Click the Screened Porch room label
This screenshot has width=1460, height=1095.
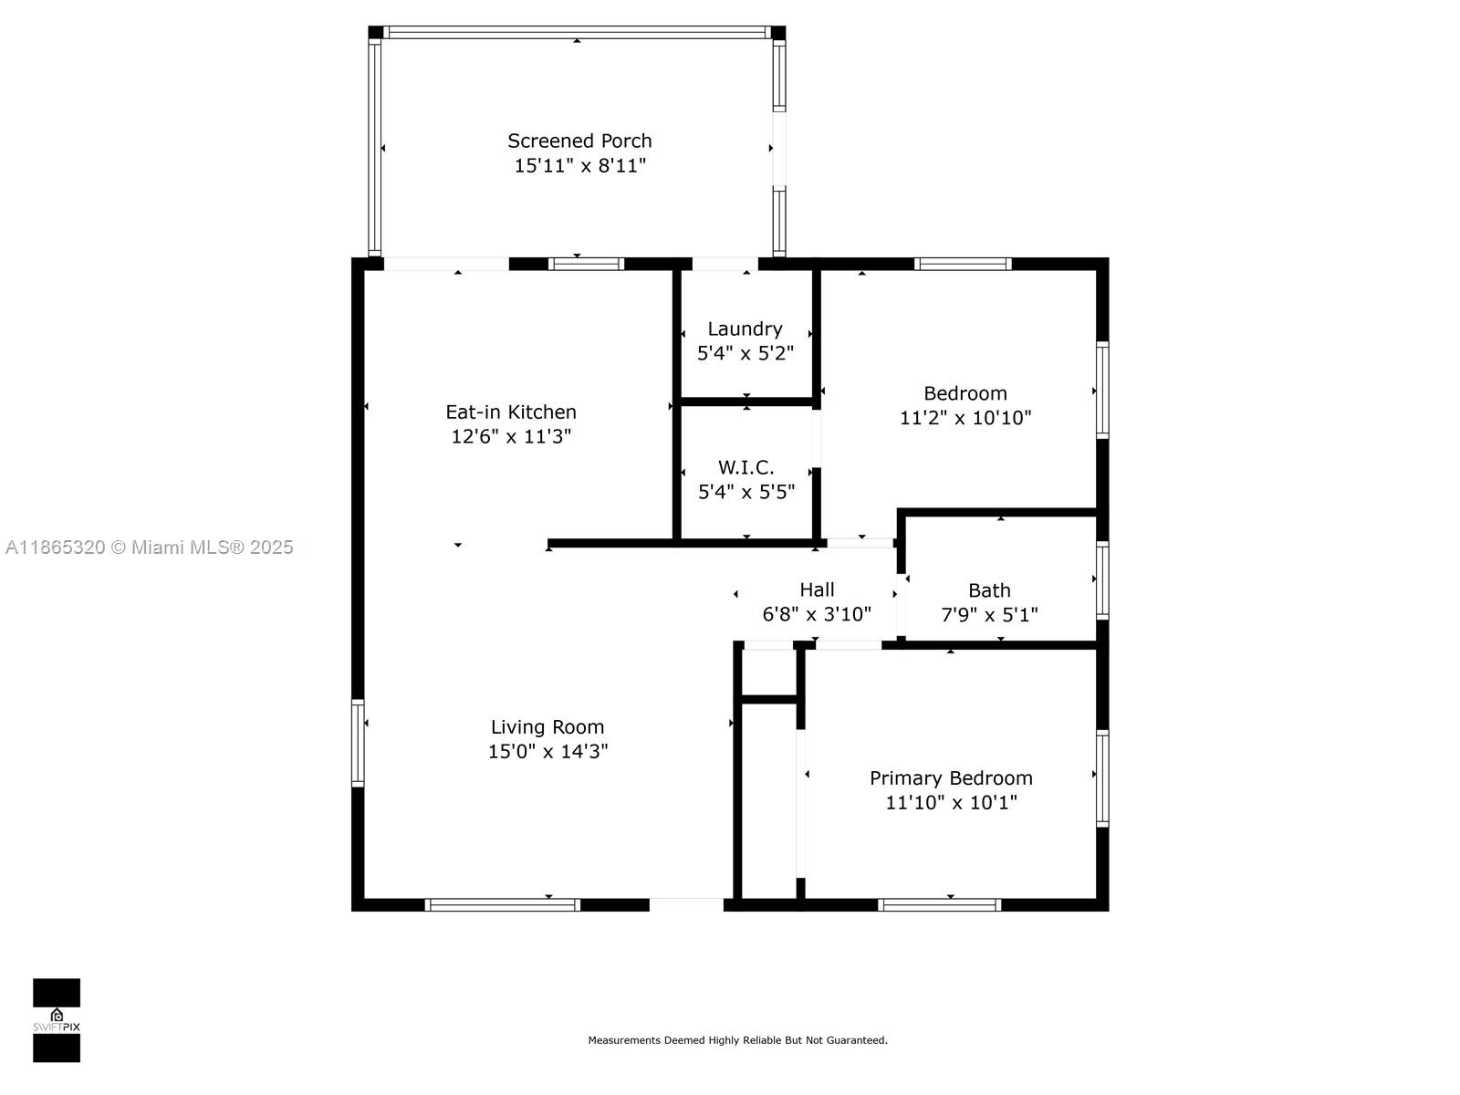(579, 141)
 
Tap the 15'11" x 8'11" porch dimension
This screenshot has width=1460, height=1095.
(580, 165)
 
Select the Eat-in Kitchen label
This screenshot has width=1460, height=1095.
(511, 412)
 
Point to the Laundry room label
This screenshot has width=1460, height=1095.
(745, 329)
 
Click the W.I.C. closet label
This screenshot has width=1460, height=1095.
(746, 467)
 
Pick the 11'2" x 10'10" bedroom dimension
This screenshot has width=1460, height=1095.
(965, 418)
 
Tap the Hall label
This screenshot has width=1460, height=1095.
(817, 589)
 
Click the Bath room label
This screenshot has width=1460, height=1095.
(989, 590)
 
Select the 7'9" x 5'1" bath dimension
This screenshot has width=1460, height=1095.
(989, 615)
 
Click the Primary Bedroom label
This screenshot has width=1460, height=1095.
(951, 778)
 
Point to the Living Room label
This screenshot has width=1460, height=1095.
(547, 727)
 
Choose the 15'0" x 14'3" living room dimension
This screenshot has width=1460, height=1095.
(548, 751)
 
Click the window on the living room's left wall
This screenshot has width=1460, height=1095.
(358, 743)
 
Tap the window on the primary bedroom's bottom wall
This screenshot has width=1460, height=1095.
(939, 904)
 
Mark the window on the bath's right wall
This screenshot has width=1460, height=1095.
(1102, 580)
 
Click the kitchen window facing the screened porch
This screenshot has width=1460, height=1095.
(586, 264)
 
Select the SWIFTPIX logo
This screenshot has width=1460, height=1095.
(57, 1020)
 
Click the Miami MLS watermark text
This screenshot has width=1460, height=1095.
(149, 547)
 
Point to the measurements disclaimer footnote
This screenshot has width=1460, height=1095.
(737, 1040)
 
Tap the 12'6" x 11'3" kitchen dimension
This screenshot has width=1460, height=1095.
(511, 436)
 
